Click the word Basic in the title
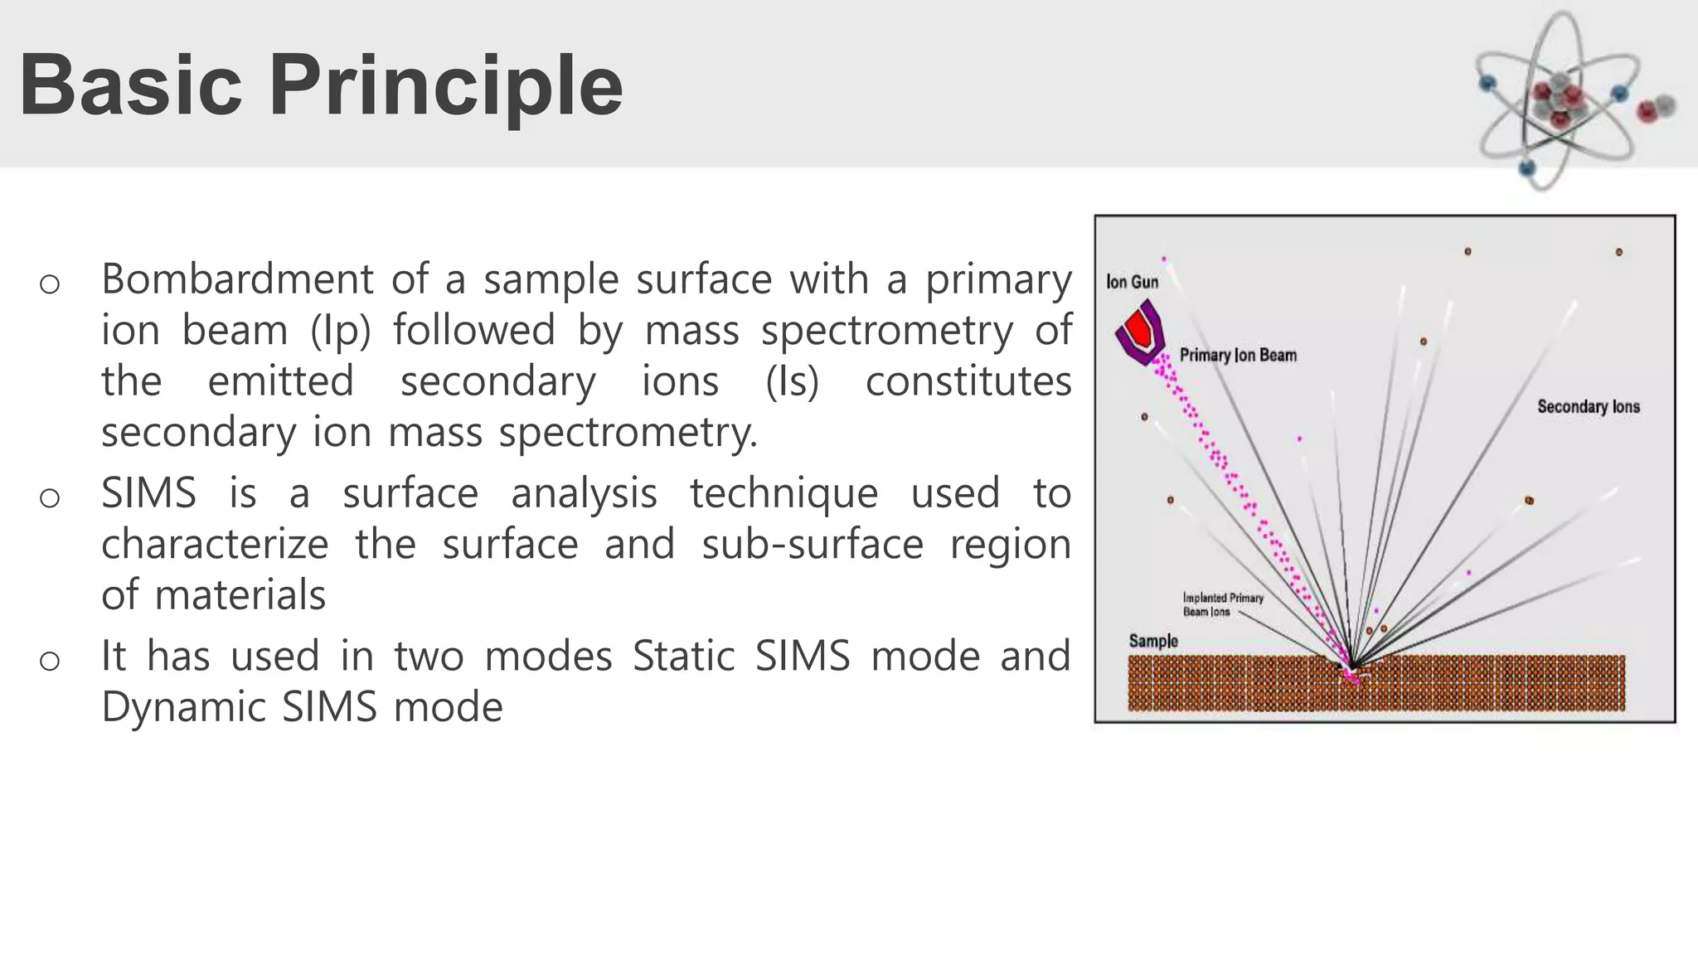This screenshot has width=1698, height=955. tap(130, 85)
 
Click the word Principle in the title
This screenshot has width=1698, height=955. tap(445, 85)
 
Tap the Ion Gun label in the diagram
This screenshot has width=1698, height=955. tap(1132, 282)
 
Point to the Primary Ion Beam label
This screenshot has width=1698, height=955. tap(1238, 356)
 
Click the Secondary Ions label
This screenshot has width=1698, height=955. tap(1588, 407)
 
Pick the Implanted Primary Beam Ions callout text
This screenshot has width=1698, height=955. tap(1222, 604)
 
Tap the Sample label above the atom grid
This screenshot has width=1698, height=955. tap(1152, 641)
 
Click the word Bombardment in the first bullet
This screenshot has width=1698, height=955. tap(237, 279)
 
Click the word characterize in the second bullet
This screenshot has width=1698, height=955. tap(215, 545)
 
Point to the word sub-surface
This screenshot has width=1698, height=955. tap(812, 545)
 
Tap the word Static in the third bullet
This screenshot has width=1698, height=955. tap(682, 657)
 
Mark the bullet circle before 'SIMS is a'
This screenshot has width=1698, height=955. tap(50, 497)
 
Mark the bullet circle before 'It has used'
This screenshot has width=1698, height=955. tap(50, 661)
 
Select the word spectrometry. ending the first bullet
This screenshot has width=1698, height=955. tap(628, 433)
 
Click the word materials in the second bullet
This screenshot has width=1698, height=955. tap(240, 595)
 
